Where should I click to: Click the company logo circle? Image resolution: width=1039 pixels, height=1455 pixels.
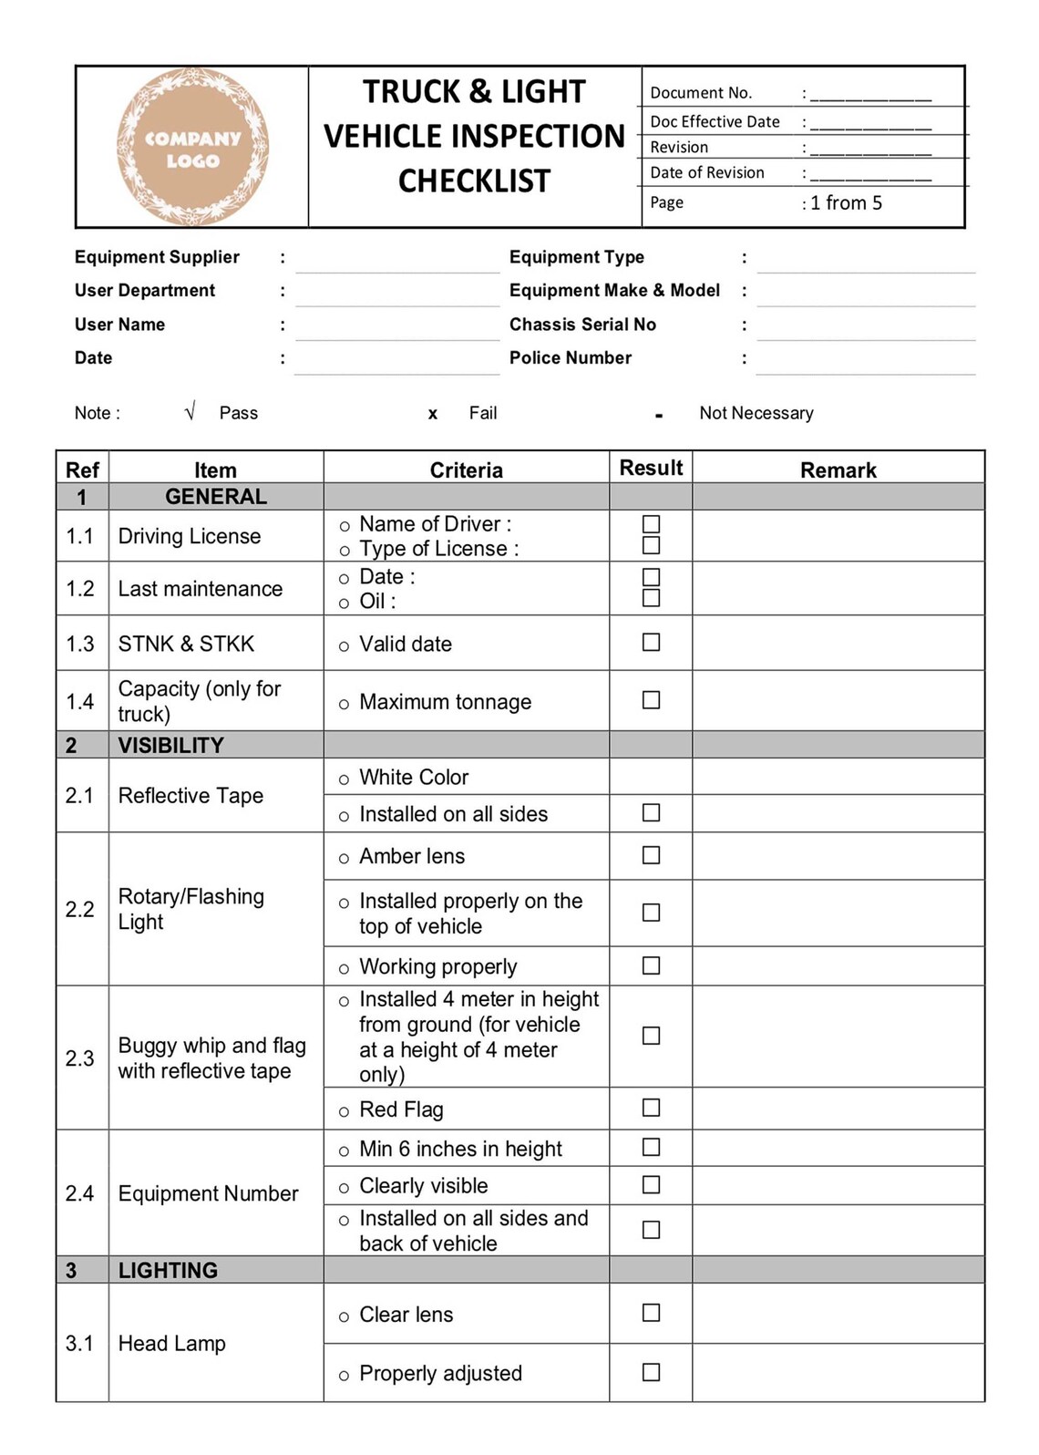[192, 147]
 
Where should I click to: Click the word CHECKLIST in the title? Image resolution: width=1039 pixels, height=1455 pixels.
[474, 181]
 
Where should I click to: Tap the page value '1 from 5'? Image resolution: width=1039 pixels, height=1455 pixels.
[846, 203]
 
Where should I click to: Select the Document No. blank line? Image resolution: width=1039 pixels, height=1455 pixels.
[870, 95]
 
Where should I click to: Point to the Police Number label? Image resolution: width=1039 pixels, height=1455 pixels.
[570, 358]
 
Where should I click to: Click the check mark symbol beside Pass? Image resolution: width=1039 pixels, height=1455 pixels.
[190, 413]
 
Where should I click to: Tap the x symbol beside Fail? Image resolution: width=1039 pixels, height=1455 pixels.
[432, 414]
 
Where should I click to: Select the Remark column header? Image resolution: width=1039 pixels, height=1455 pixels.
[838, 470]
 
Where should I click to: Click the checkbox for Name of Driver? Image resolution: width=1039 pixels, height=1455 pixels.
[651, 524]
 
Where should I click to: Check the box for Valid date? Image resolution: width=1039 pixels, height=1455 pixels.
[651, 643]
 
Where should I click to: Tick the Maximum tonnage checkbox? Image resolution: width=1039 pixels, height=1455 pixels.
[651, 700]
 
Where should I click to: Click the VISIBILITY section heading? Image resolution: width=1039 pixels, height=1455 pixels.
[170, 746]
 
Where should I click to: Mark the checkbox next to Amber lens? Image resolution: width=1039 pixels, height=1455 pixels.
[651, 855]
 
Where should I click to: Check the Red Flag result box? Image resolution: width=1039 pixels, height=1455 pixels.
[651, 1108]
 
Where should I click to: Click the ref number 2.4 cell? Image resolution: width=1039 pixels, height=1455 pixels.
[80, 1193]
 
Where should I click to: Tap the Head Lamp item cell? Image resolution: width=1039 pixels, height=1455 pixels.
[171, 1344]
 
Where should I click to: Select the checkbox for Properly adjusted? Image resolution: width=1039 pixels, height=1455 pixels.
[651, 1372]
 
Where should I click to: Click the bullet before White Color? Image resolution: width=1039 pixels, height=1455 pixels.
[344, 779]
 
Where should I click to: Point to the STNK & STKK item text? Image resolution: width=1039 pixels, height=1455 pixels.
[186, 645]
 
